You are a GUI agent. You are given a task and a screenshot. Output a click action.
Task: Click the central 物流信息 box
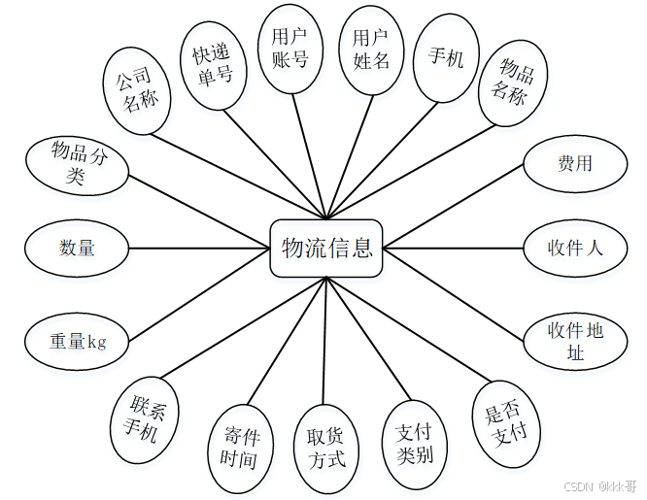coord(326,249)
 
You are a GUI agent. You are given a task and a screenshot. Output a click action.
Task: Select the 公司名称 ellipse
coord(138,90)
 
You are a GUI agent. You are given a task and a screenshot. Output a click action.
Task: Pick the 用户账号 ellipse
coord(289,49)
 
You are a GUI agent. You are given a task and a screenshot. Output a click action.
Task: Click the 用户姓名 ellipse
coord(370,50)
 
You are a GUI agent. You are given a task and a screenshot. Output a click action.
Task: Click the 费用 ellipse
coord(574,164)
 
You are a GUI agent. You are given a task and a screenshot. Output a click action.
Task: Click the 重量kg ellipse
coord(77,341)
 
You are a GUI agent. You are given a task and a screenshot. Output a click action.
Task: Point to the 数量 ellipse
coord(77,248)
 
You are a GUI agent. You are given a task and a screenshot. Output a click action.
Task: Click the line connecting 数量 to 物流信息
coord(199,249)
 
